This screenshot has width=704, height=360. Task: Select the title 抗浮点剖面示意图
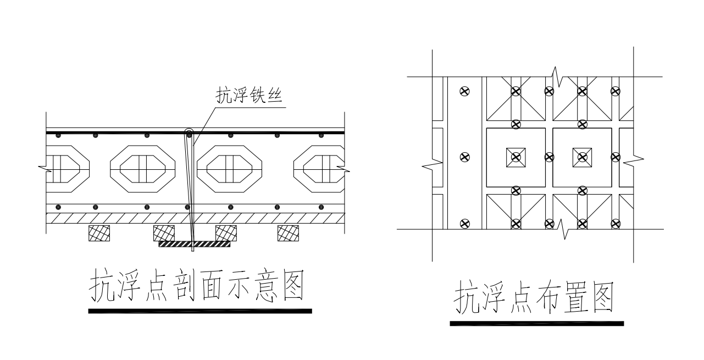[x=197, y=285]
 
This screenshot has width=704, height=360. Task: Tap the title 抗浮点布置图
[x=532, y=298]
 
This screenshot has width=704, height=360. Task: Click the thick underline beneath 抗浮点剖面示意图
[x=200, y=311]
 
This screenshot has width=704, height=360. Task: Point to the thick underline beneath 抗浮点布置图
[x=536, y=324]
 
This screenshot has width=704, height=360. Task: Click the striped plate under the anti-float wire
[x=194, y=243]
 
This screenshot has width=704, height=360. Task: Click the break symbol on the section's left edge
[x=43, y=165]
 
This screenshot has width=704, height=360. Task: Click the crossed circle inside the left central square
[x=515, y=157]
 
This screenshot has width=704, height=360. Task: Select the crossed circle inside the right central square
[x=582, y=157]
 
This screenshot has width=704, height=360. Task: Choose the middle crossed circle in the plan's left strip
[x=465, y=157]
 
